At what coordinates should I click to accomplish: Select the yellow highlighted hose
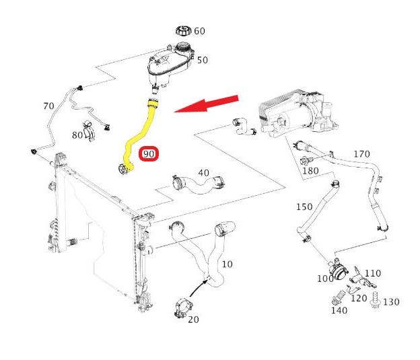pos(139,135)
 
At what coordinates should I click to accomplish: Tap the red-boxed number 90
pos(149,155)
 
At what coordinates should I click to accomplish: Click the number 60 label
pos(200,31)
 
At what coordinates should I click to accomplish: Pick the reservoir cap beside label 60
pos(183,30)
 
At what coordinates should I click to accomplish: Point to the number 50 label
pos(203,60)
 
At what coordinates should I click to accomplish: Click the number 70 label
pos(48,106)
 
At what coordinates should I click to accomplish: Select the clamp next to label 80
pos(89,128)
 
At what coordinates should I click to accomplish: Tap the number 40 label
pos(203,173)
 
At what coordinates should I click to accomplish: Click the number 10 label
pos(227,264)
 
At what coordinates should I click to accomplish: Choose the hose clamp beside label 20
pos(180,306)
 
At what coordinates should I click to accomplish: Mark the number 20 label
pos(193,320)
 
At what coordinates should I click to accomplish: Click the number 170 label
pos(361,154)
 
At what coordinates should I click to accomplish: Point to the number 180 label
pos(310,171)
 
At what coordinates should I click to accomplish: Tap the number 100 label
pos(326,278)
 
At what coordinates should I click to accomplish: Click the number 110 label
pos(372,273)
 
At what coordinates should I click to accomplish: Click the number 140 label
pos(339,310)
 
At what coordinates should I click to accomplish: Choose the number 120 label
pos(359,297)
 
